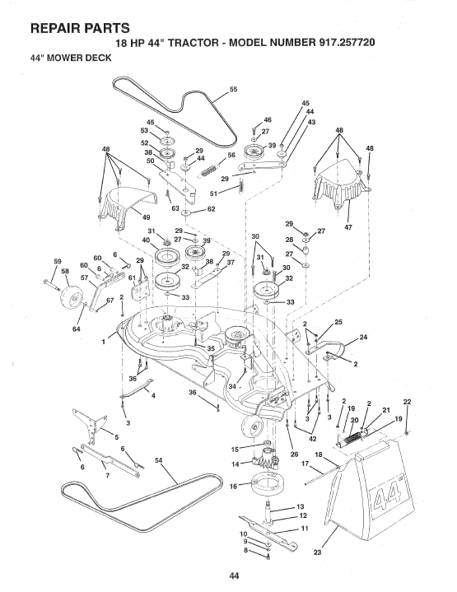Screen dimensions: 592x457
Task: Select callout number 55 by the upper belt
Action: [232, 89]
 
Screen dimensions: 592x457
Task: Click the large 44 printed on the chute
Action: [380, 498]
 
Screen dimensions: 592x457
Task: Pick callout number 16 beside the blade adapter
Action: [231, 487]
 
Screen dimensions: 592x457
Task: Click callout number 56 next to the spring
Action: [231, 155]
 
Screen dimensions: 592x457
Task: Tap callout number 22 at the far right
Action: [407, 401]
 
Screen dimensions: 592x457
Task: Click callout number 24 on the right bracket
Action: [363, 337]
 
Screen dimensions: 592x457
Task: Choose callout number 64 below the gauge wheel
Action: [54, 329]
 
